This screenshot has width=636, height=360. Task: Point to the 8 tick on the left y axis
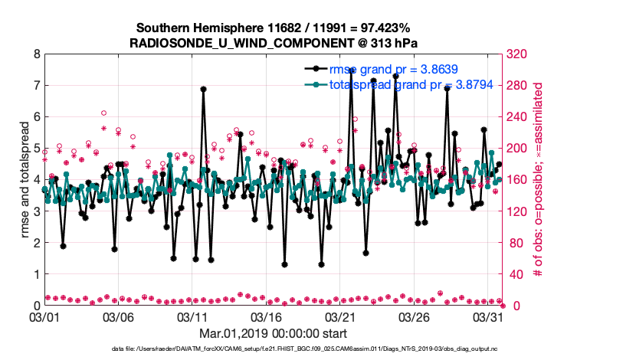coord(35,54)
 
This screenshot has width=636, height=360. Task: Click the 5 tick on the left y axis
coord(35,149)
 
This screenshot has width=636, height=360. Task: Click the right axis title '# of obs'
coord(538,180)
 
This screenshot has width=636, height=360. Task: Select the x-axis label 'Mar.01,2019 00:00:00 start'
coord(273,333)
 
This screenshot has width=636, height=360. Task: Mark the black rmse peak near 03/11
coord(203,89)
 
